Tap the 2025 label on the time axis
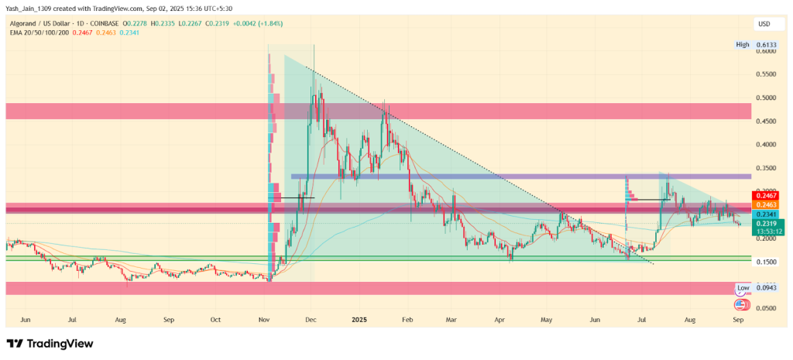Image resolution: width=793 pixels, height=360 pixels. (358, 318)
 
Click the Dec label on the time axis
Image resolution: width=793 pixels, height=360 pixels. (311, 318)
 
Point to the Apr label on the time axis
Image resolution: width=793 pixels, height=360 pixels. (500, 318)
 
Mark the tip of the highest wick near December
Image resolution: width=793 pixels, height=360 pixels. (314, 45)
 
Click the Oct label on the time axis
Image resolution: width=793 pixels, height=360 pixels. (216, 318)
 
